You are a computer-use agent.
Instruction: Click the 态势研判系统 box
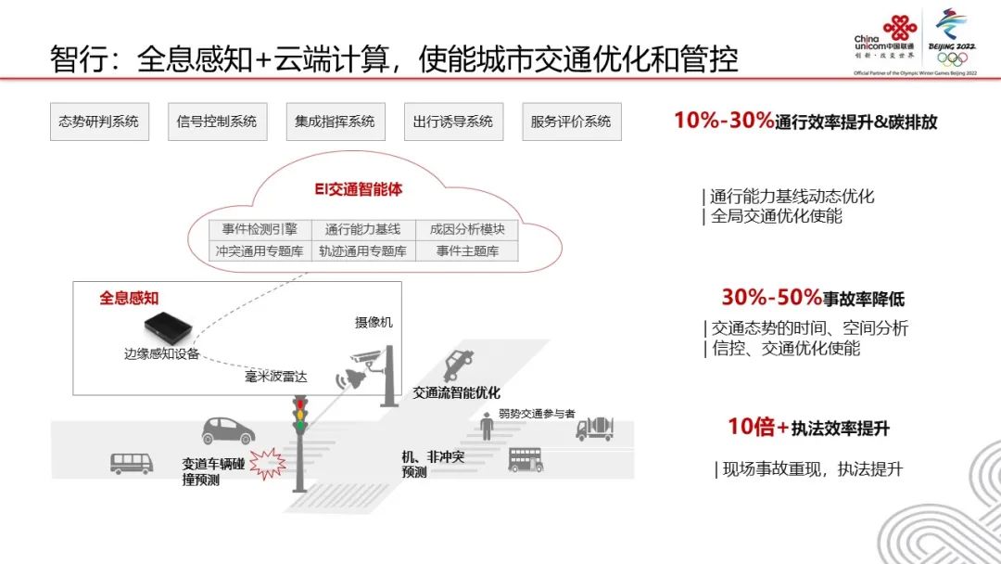(99, 122)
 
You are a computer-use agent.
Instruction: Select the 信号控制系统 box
(217, 122)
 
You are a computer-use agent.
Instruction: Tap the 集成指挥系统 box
(335, 122)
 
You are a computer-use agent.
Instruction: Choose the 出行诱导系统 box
(453, 122)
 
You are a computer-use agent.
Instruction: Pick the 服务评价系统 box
(571, 122)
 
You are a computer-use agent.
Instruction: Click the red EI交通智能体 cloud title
(359, 190)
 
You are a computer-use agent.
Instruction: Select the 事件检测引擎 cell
(253, 229)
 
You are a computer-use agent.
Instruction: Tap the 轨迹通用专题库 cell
(361, 250)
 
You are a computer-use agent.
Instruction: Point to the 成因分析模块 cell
(467, 229)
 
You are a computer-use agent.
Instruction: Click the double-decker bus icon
(526, 459)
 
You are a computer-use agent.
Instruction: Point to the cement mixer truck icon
(595, 428)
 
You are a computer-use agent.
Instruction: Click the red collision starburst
(267, 459)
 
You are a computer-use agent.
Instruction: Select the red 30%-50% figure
(771, 298)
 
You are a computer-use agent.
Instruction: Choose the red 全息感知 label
(129, 298)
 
